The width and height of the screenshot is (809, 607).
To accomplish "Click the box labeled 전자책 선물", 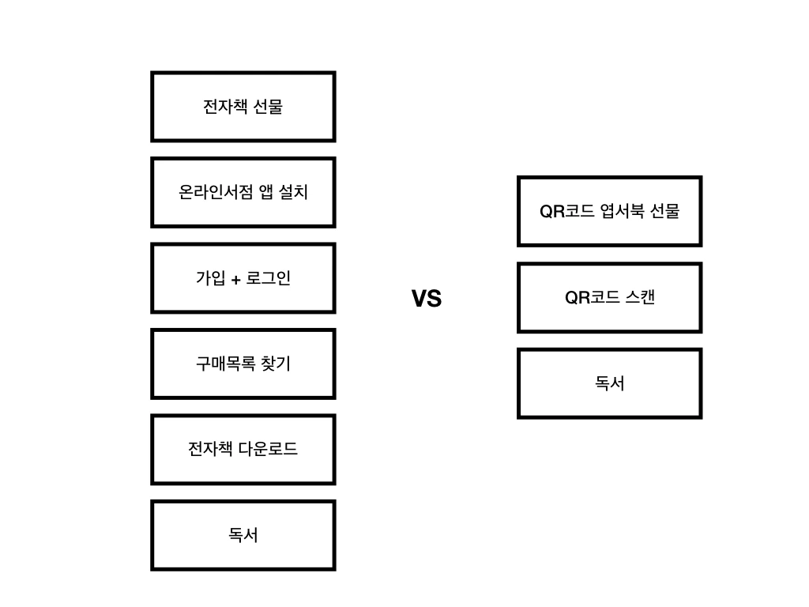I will (x=243, y=107).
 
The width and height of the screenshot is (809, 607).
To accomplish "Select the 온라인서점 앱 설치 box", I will (x=243, y=192).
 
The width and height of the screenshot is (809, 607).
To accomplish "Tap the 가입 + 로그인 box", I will (x=243, y=278).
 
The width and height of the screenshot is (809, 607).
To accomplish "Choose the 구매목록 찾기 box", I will (x=243, y=364).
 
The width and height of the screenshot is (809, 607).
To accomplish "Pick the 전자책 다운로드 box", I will (x=243, y=449).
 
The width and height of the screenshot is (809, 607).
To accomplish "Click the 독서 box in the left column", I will (x=243, y=535).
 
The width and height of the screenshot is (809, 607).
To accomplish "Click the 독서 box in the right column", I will (x=609, y=383).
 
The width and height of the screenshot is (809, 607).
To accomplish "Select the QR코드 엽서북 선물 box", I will (x=609, y=211).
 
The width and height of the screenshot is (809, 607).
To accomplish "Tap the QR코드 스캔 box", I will (x=609, y=298).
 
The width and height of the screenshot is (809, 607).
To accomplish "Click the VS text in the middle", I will (x=427, y=299).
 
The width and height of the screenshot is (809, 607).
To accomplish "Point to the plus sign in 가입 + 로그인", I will (x=236, y=280).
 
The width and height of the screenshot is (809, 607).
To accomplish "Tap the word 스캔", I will (x=640, y=298).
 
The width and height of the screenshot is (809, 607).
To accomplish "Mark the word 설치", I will (x=294, y=192).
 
